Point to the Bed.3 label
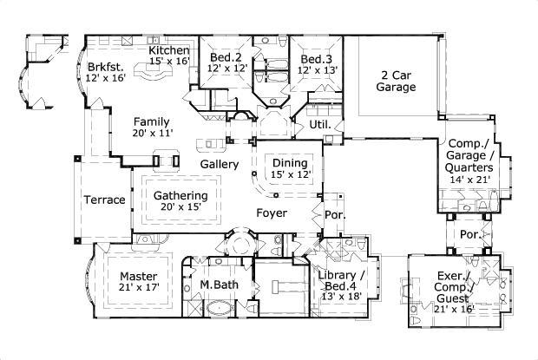(315, 58)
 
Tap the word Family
(151, 121)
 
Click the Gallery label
(220, 164)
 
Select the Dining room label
(290, 163)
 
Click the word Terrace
(104, 200)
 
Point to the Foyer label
(272, 212)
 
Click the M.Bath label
(219, 284)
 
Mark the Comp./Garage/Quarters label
(470, 156)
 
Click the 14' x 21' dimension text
(470, 180)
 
